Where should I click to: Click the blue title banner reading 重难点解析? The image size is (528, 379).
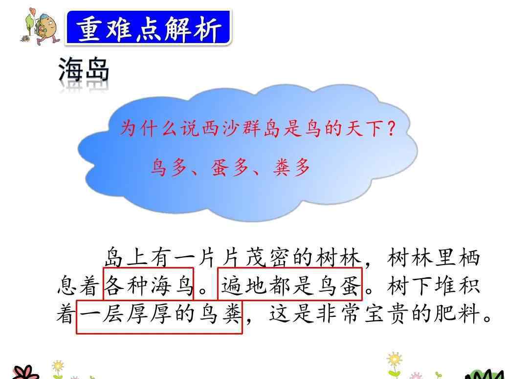(149, 27)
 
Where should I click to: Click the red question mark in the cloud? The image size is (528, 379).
(391, 129)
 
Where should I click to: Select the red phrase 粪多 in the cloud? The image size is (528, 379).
(291, 167)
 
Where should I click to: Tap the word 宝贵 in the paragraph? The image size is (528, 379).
(387, 313)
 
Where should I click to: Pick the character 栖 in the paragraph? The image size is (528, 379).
(469, 258)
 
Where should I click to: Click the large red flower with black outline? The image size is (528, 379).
(25, 373)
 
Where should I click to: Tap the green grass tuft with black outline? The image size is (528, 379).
(485, 374)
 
